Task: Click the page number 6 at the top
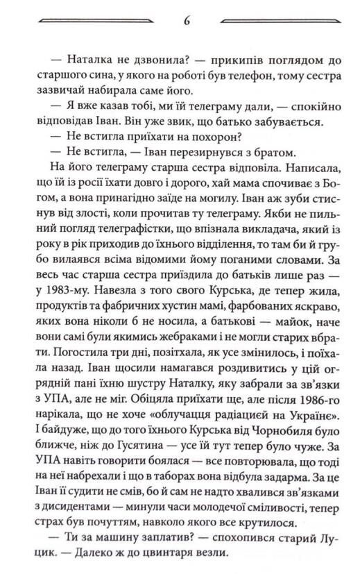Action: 187,19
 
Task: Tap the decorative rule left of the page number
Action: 97,22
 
